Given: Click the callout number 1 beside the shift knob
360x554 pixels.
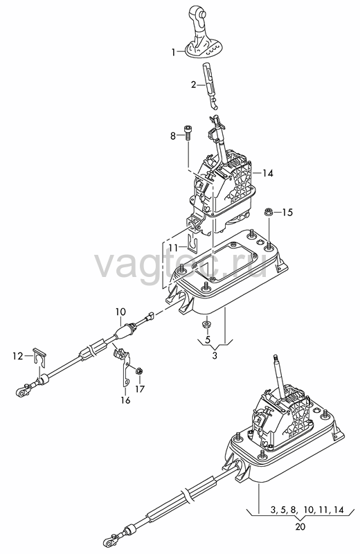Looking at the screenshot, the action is pos(174,53).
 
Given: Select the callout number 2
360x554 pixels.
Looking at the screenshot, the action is pos(194,84).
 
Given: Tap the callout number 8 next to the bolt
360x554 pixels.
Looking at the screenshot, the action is pos(173,136).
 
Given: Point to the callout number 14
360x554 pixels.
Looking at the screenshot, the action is pos(268,173).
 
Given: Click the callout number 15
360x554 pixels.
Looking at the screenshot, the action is pos(288,213).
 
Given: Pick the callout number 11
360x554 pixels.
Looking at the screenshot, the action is pos(174,248).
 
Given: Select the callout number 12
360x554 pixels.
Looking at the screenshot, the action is pos(17,356).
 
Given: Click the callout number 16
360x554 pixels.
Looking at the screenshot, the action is pos(125,400).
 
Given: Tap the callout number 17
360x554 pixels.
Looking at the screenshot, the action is pos(140,389).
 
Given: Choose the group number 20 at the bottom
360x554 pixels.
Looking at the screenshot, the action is pos(300,526).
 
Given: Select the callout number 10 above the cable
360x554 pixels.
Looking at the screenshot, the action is pos(120,312).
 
